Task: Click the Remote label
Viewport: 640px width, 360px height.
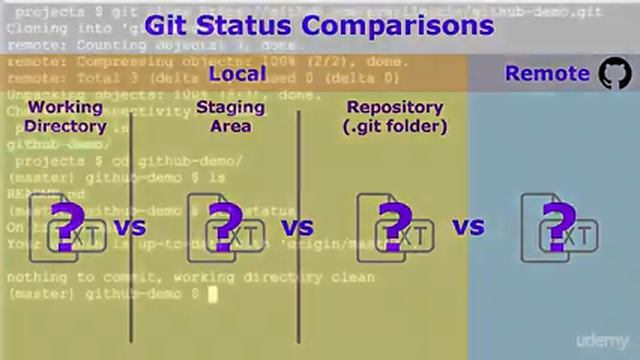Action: pos(547,73)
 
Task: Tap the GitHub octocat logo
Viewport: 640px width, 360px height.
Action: pos(614,73)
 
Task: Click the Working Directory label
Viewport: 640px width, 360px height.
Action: pos(65,116)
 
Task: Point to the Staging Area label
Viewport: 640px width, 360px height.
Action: pos(230,116)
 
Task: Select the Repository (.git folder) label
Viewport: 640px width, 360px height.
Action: pos(394,116)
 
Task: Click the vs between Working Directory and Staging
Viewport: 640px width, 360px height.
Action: pos(129,228)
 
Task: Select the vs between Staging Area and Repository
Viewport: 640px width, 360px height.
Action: pos(297,228)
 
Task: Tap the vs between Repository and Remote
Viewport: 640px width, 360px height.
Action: pos(467,228)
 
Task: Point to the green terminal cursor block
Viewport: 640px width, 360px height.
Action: pos(212,294)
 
